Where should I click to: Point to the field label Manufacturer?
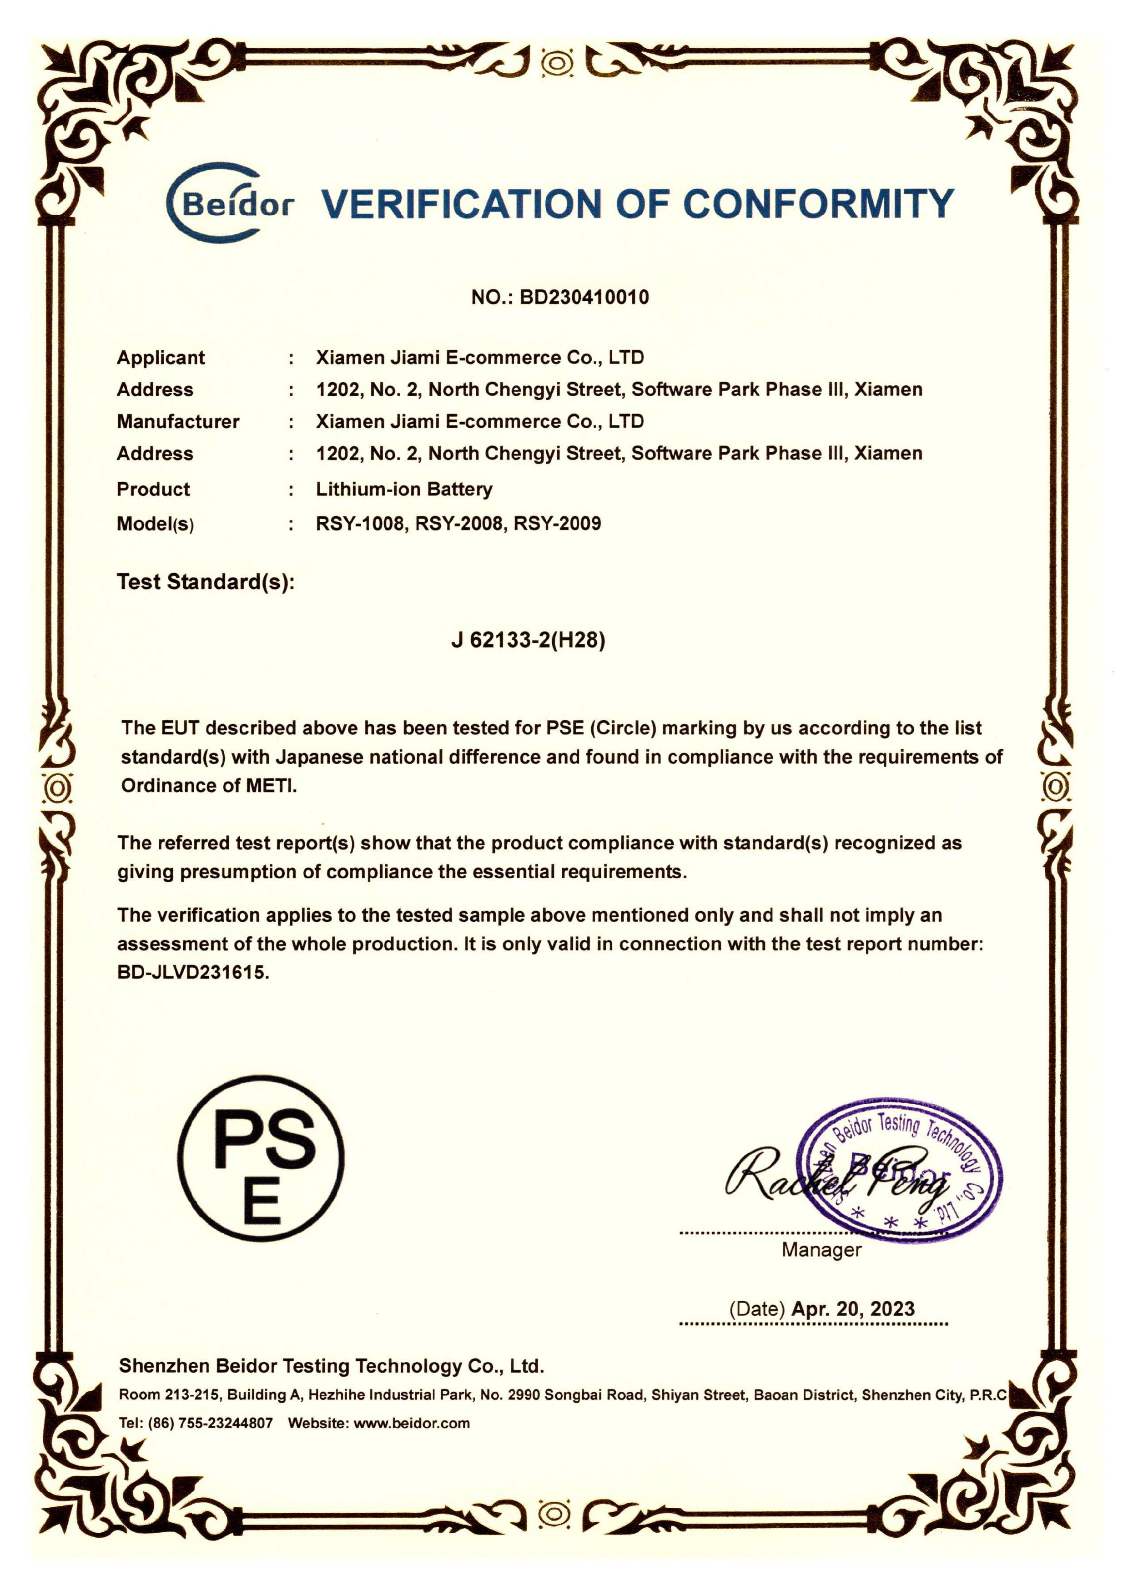(x=178, y=421)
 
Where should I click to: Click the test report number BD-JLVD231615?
(x=192, y=972)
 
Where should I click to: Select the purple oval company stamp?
(x=899, y=1169)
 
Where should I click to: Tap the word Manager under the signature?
(x=821, y=1250)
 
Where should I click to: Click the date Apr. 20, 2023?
(x=853, y=1309)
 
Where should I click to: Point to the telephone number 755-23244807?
(x=226, y=1423)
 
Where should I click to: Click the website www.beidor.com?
(x=412, y=1423)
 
